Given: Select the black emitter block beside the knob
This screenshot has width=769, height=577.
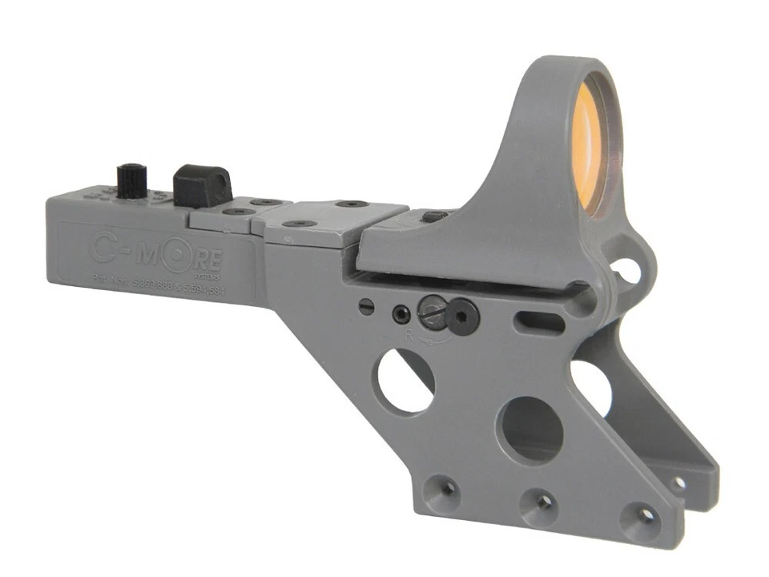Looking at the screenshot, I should (x=201, y=186).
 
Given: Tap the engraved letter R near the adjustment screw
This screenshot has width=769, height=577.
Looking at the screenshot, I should (x=409, y=336).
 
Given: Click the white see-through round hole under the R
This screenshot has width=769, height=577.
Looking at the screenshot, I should (x=406, y=381).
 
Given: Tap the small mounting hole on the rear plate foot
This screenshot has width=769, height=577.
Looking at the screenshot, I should (x=678, y=482).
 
